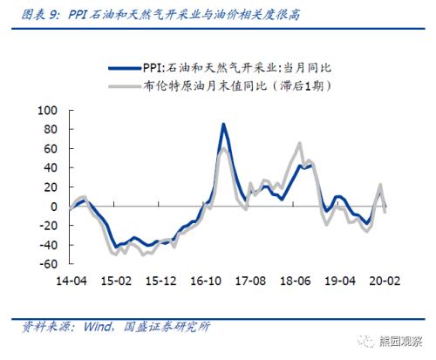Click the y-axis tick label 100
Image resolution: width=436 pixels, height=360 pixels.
[x=47, y=111]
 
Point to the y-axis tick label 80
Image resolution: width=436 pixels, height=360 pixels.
[x=51, y=129]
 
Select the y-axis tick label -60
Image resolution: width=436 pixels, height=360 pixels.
[x=48, y=264]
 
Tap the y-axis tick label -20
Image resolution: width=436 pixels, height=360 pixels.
[x=48, y=226]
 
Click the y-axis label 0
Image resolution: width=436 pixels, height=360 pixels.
[x=54, y=207]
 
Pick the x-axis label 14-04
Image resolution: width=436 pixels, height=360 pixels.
[x=72, y=281]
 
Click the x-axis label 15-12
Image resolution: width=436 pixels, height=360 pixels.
[x=161, y=281]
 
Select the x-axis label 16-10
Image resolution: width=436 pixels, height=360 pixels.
[x=206, y=281]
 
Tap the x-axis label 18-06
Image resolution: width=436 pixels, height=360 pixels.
[x=296, y=281]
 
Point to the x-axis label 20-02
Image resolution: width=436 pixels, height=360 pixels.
[x=385, y=281]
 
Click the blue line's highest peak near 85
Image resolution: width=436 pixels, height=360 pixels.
[x=223, y=124]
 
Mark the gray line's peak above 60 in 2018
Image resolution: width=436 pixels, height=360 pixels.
[x=300, y=143]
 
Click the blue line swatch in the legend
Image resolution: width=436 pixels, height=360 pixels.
[x=126, y=69]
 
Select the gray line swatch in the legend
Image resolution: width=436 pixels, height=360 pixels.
[x=126, y=86]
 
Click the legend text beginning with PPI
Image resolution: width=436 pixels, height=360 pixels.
[x=236, y=68]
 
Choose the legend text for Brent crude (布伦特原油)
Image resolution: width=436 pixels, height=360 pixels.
[x=236, y=86]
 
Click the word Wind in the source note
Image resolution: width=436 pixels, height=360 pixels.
[x=98, y=327]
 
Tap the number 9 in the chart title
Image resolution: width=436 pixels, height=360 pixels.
[x=53, y=15]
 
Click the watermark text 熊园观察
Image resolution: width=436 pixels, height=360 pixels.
[x=400, y=341]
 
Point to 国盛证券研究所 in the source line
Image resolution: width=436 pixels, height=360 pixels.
[x=167, y=327]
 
